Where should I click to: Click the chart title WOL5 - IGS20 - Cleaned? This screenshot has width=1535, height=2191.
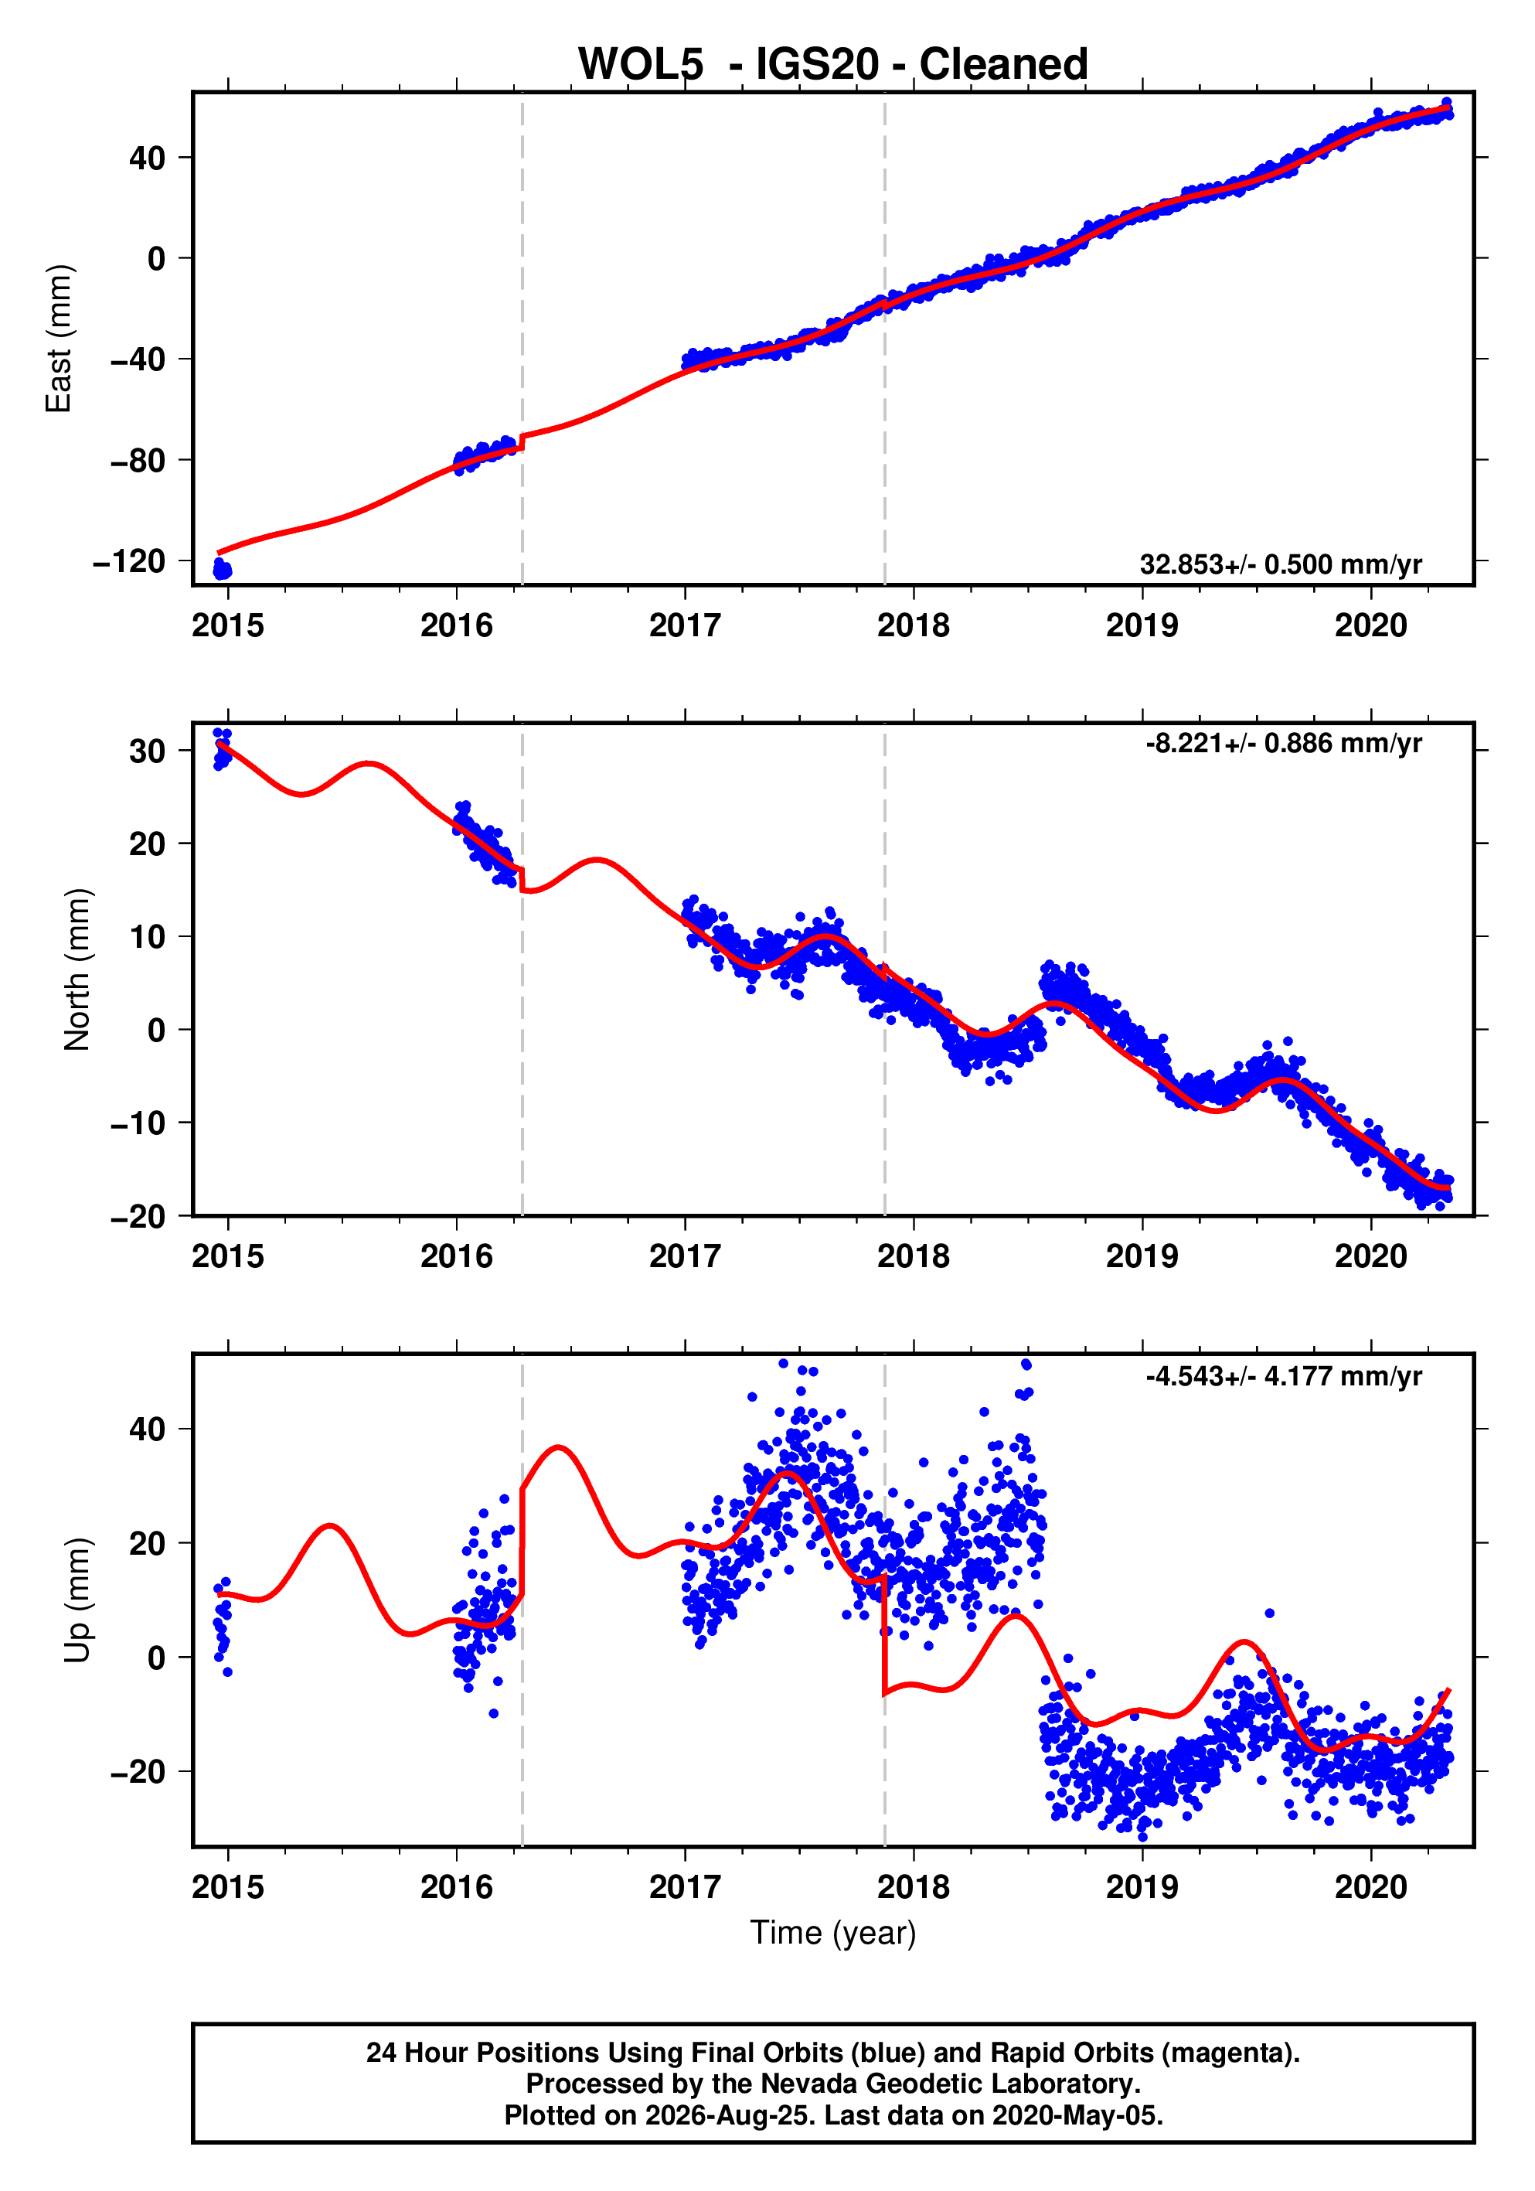(x=833, y=64)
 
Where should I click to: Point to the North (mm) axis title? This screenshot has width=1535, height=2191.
(x=77, y=969)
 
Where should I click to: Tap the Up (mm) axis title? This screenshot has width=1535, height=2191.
(x=77, y=1600)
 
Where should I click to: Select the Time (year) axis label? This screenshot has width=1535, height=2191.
(x=833, y=1932)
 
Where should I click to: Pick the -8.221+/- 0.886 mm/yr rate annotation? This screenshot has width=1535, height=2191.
(x=1284, y=744)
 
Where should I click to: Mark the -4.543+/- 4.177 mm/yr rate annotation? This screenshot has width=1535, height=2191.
(x=1284, y=1376)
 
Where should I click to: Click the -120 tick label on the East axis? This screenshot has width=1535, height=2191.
(x=129, y=561)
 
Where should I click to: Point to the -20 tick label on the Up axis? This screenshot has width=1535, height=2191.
(x=138, y=1771)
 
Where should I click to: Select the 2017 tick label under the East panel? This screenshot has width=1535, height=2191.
(x=685, y=626)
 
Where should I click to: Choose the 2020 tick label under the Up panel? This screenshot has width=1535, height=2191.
(x=1371, y=1887)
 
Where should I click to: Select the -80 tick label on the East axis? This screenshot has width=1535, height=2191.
(x=138, y=460)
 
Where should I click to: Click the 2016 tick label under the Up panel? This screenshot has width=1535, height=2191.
(x=457, y=1887)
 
